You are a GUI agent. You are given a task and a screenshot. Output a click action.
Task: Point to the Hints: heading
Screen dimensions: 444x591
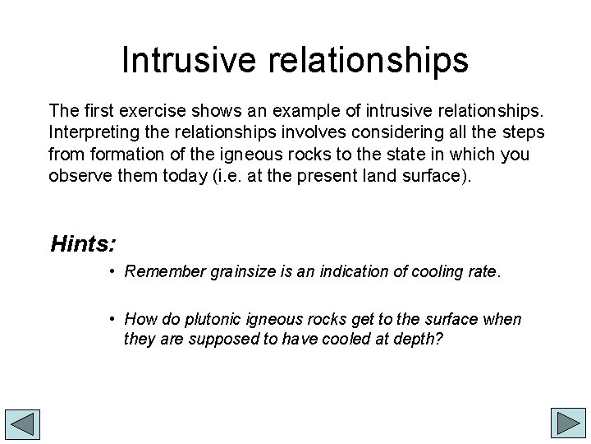pos(83,244)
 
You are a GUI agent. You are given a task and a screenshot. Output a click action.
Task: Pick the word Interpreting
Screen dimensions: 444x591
pos(89,132)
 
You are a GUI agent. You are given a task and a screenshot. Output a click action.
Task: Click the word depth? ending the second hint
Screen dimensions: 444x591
pos(422,339)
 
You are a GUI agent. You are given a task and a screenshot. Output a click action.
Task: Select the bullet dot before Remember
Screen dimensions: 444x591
pos(111,272)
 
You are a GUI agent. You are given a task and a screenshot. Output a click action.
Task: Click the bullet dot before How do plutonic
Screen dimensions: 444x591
pos(111,319)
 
